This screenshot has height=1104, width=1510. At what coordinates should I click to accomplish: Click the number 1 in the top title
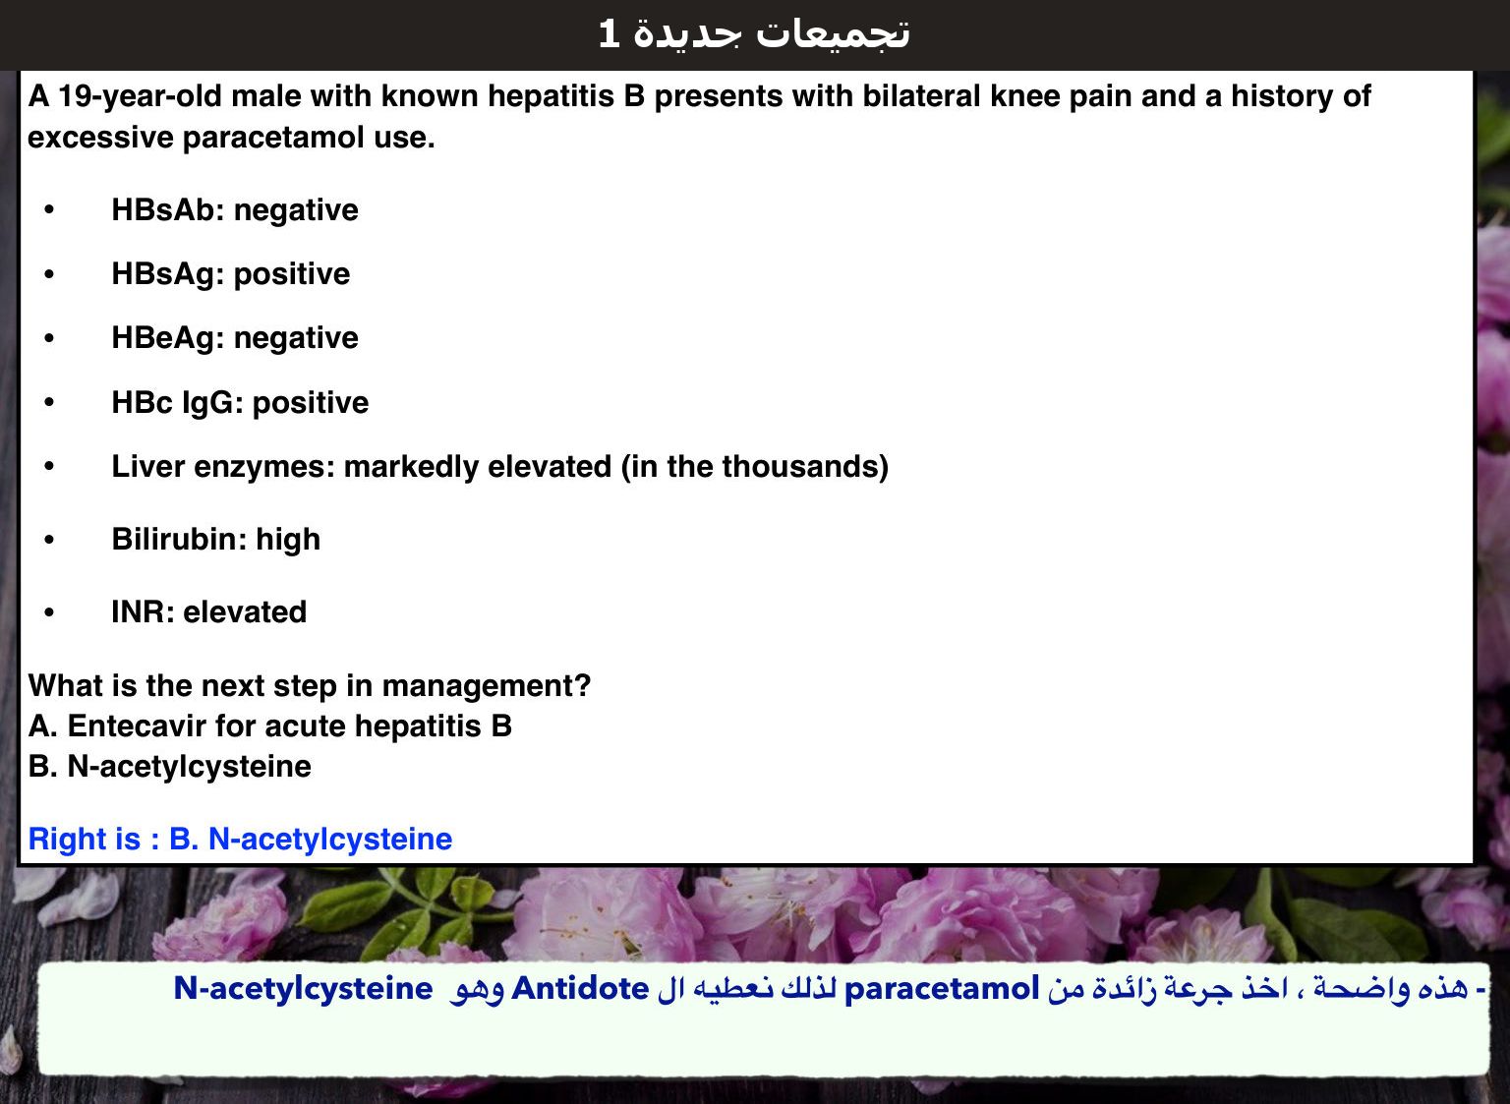click(x=609, y=33)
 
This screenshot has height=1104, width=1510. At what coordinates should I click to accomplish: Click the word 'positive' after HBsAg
click(x=292, y=274)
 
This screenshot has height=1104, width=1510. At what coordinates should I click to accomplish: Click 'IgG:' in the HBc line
click(x=212, y=403)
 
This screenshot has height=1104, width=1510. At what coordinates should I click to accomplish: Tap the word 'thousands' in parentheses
click(x=800, y=466)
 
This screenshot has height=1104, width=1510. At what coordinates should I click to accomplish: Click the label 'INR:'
click(x=143, y=612)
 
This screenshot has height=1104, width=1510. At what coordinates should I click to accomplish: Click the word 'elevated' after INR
click(x=245, y=612)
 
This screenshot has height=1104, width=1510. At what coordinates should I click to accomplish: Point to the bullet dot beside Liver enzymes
click(x=49, y=466)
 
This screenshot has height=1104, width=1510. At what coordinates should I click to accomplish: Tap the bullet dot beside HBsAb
click(x=49, y=209)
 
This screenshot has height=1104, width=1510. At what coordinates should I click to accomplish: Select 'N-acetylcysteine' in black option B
click(x=190, y=767)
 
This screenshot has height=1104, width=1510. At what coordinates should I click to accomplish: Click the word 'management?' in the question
click(x=487, y=686)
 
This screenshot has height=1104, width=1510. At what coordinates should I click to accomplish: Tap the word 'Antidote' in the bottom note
click(x=580, y=989)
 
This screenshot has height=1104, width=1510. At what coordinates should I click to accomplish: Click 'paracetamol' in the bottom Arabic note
click(x=942, y=989)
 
